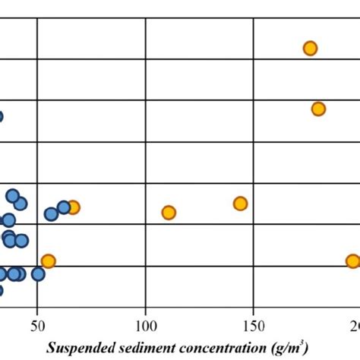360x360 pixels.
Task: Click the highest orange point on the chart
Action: click(x=310, y=48)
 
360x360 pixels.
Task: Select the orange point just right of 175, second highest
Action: click(x=318, y=109)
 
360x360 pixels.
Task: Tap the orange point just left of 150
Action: click(x=240, y=203)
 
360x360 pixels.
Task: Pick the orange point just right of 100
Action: click(x=169, y=213)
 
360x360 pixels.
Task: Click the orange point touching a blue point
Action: click(x=73, y=207)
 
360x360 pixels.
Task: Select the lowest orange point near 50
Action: click(x=48, y=261)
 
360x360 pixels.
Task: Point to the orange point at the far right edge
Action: click(x=352, y=261)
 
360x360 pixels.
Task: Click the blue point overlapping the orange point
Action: click(x=64, y=207)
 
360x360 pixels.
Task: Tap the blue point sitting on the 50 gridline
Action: click(x=38, y=274)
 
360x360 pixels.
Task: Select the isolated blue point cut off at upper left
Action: click(x=1, y=116)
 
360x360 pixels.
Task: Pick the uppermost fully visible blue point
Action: click(x=13, y=196)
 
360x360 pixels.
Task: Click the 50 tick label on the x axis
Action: click(x=37, y=327)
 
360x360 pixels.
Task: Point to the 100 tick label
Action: click(x=145, y=327)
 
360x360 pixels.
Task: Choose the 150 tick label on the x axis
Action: click(x=253, y=327)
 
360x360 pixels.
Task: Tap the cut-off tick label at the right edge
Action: click(x=355, y=327)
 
